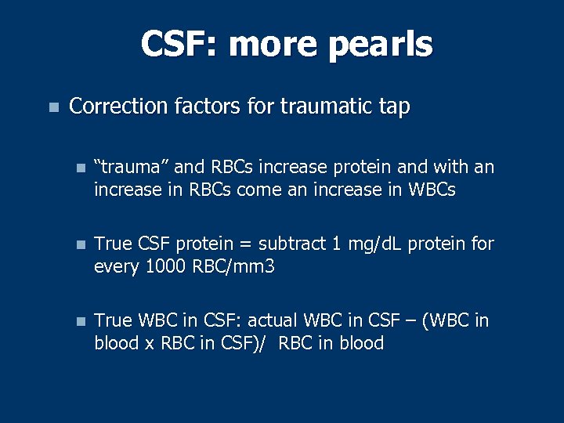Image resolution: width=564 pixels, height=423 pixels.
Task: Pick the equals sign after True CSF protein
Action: (x=245, y=244)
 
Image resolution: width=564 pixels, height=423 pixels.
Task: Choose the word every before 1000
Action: (x=117, y=266)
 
